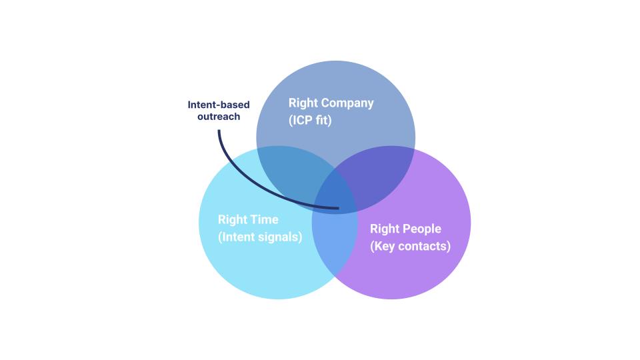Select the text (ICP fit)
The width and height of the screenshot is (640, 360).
[x=310, y=121]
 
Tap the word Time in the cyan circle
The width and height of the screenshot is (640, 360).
[x=264, y=219]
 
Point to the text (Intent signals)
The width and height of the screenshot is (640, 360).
[x=260, y=237]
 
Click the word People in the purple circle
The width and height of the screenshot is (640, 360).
[x=423, y=229]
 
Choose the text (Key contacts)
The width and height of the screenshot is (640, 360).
[x=410, y=246]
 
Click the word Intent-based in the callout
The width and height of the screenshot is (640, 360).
[x=219, y=105]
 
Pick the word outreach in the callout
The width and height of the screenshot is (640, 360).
[x=219, y=117]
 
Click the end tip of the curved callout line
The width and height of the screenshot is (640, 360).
[x=339, y=208]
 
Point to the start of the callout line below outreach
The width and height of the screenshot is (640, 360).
[x=219, y=130]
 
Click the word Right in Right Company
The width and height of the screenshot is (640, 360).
[x=303, y=103]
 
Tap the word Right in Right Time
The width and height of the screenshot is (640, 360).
[x=233, y=219]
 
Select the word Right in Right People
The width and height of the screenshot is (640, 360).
[x=385, y=229]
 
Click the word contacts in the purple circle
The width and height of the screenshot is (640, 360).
[x=425, y=246]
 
